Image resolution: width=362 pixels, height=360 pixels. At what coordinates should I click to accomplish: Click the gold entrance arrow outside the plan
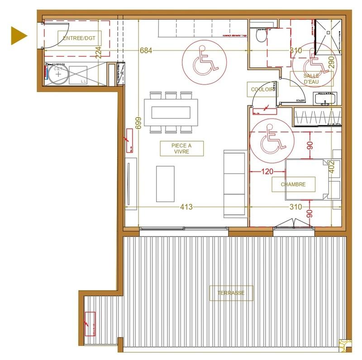[19, 36]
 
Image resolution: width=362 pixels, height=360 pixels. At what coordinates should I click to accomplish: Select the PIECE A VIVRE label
[181, 148]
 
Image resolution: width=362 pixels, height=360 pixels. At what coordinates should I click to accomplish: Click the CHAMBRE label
[293, 185]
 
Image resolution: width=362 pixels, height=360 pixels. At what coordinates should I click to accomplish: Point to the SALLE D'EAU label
[311, 79]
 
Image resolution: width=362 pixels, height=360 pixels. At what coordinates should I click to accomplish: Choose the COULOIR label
[262, 90]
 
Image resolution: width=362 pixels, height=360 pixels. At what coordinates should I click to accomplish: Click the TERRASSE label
[231, 293]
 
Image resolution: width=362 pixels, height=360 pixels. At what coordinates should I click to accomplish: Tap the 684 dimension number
[146, 51]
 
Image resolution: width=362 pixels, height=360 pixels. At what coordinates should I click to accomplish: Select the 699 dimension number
[138, 123]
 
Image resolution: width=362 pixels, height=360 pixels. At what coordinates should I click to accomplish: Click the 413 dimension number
[186, 207]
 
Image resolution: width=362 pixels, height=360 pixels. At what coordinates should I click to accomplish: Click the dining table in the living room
[170, 112]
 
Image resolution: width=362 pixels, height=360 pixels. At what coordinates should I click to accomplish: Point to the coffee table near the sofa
[165, 184]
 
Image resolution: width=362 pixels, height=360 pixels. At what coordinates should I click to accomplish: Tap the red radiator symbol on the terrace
[90, 324]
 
